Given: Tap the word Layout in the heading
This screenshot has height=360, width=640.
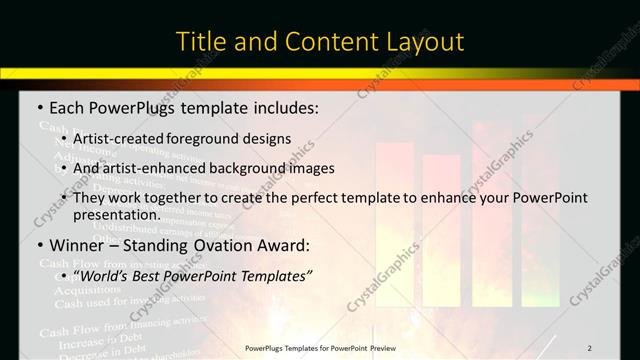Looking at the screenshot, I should pyautogui.click(x=424, y=42).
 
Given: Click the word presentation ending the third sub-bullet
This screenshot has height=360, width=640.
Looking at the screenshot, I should pyautogui.click(x=116, y=214).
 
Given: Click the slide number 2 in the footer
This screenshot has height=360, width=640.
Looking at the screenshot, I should pyautogui.click(x=590, y=347).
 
